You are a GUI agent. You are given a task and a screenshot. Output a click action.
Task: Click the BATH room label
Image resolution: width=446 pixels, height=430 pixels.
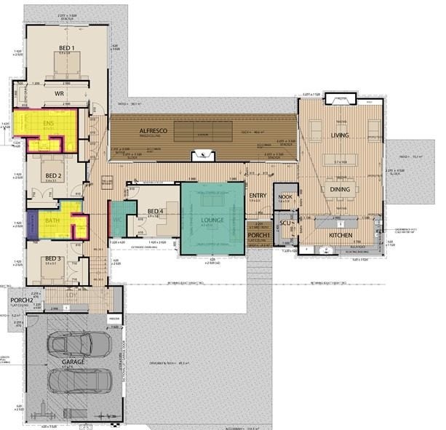pyautogui.click(x=52, y=219)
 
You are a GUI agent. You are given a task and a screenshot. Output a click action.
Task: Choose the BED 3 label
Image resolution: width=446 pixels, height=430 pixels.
pyautogui.click(x=52, y=259)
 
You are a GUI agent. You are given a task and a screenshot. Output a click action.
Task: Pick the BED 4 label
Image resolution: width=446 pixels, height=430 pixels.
pyautogui.click(x=154, y=211)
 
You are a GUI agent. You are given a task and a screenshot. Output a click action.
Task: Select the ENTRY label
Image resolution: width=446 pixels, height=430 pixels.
pyautogui.click(x=258, y=196)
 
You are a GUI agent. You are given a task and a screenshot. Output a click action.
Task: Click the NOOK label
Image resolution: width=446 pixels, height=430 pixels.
pyautogui.click(x=284, y=195)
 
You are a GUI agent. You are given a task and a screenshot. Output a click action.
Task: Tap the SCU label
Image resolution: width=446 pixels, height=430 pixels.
pyautogui.click(x=285, y=223)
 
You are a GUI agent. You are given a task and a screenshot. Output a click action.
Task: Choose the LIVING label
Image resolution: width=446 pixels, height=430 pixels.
pyautogui.click(x=340, y=135)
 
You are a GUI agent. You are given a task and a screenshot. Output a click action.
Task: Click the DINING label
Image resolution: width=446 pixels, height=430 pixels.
pyautogui.click(x=340, y=189)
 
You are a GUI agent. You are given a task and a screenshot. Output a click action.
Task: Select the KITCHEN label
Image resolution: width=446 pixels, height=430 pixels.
pyautogui.click(x=340, y=236)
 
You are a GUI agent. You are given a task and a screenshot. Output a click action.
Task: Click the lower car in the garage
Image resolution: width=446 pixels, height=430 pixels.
pyautogui.click(x=77, y=383)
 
